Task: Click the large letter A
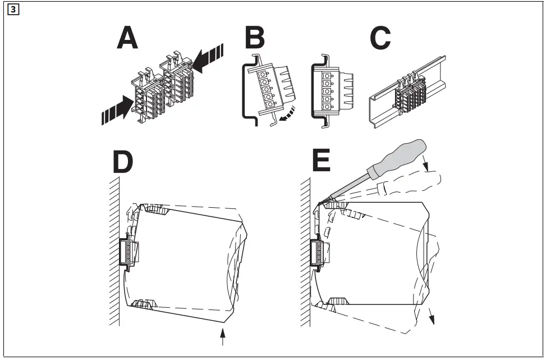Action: pos(127,39)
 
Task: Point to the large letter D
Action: pos(123,162)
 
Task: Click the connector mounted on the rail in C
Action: pos(410,95)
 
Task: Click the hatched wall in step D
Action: pos(114,253)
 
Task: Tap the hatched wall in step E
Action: pos(306,253)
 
